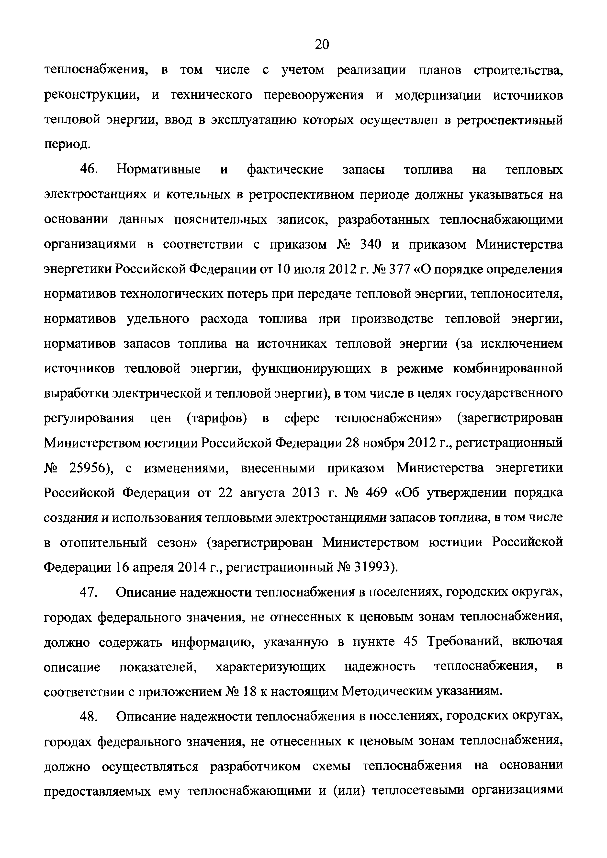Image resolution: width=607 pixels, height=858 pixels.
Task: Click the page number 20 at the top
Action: (322, 45)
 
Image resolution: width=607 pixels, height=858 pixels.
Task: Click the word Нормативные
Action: (158, 170)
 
